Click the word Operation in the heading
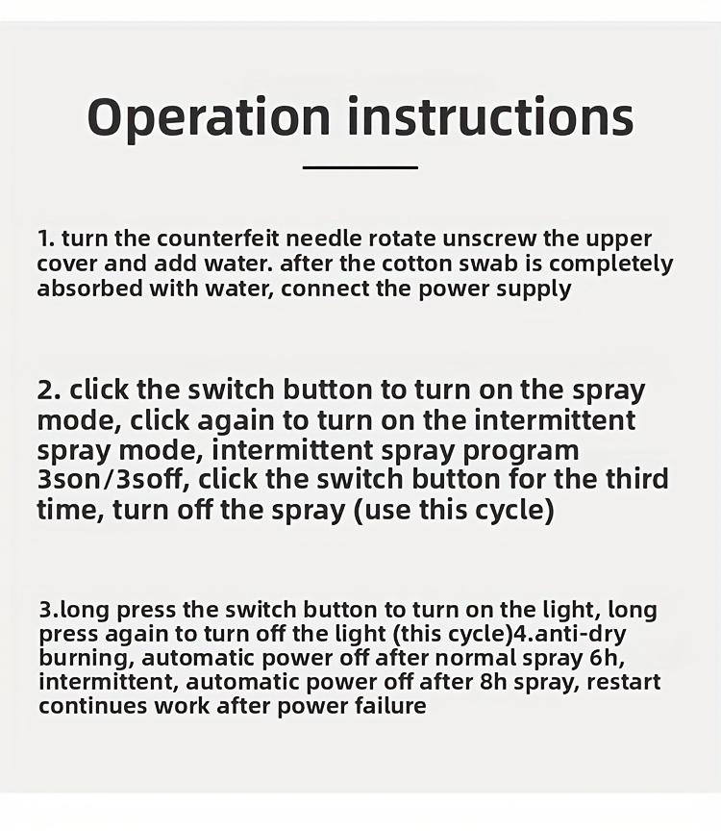coord(209,118)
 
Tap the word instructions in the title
coord(490,116)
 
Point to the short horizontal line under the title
coord(360,167)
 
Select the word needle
coord(324,239)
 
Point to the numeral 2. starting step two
coord(49,390)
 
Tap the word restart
coord(624,683)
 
